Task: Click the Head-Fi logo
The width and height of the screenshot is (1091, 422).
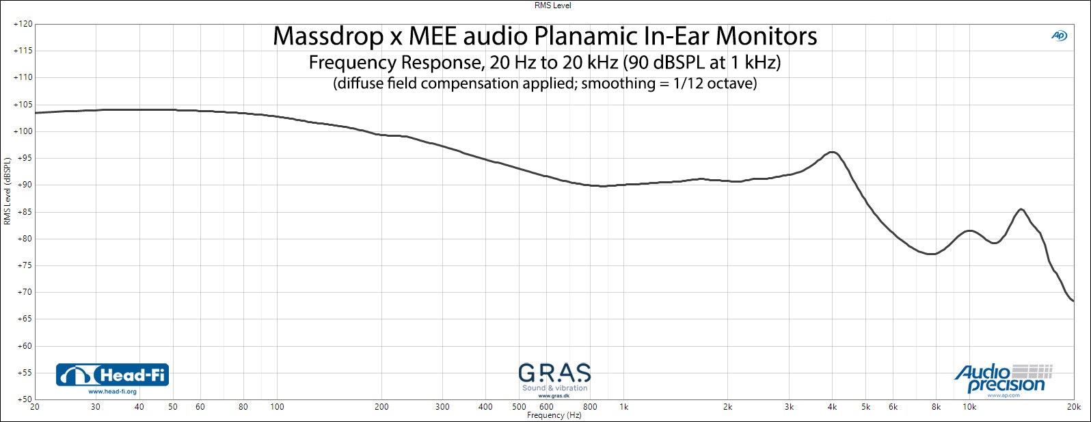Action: coord(112,375)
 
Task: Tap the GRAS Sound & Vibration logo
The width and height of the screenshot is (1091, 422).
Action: coord(554,379)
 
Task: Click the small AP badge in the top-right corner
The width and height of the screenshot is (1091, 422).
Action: coord(1058,36)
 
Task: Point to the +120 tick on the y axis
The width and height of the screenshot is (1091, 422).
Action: coord(23,24)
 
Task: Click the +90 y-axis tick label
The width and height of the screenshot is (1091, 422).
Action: coord(23,185)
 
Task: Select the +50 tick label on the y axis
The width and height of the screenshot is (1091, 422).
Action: coord(23,399)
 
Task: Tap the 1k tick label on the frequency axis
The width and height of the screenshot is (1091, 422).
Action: coord(623,407)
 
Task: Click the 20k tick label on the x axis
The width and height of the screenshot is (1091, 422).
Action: coord(1073,407)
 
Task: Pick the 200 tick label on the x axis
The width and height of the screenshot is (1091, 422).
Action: coord(381,407)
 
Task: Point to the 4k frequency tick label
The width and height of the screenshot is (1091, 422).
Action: coord(832,407)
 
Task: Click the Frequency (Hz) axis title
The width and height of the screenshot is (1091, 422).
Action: coord(554,415)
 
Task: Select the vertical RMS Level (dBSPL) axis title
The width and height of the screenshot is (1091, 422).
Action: coord(8,191)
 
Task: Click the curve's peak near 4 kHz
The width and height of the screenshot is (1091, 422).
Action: coord(832,152)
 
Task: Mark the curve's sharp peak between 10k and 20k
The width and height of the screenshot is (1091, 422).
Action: coord(1021,209)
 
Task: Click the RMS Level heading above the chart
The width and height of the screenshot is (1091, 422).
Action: coord(552,5)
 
